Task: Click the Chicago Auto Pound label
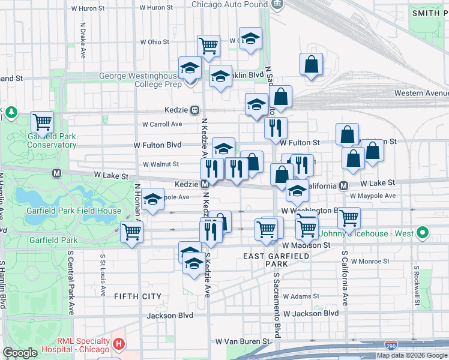click(230, 4)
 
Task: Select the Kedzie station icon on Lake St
click(204, 184)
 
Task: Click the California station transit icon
click(343, 185)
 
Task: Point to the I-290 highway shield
click(390, 344)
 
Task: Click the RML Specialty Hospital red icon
click(119, 344)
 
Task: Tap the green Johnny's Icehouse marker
click(423, 233)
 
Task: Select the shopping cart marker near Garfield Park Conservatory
click(42, 122)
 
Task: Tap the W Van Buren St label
click(240, 341)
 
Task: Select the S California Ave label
click(345, 277)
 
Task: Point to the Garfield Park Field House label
click(74, 211)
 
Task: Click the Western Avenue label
click(421, 93)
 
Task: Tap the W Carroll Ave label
click(161, 124)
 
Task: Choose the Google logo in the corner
click(20, 353)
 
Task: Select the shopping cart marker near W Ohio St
click(208, 45)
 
